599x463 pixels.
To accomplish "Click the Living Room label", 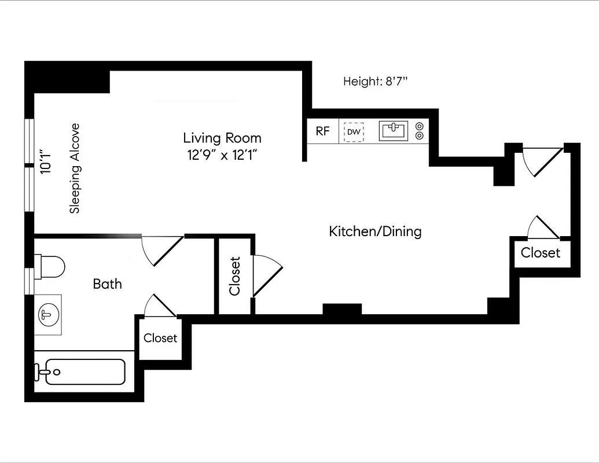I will [222, 138].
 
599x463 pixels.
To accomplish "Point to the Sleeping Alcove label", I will [75, 168].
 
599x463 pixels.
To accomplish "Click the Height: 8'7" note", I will [376, 82].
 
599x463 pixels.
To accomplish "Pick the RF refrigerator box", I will [322, 131].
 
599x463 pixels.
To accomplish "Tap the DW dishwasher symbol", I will [354, 132].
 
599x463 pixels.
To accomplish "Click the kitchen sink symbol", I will [394, 131].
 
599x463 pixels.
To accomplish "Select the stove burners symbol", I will [420, 131].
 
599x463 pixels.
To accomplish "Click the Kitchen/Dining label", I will [375, 231].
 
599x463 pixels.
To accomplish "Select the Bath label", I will [108, 284].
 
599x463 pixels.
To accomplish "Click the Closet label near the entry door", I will [541, 253].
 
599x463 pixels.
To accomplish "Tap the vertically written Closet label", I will [234, 275].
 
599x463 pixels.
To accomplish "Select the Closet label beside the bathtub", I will [160, 338].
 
